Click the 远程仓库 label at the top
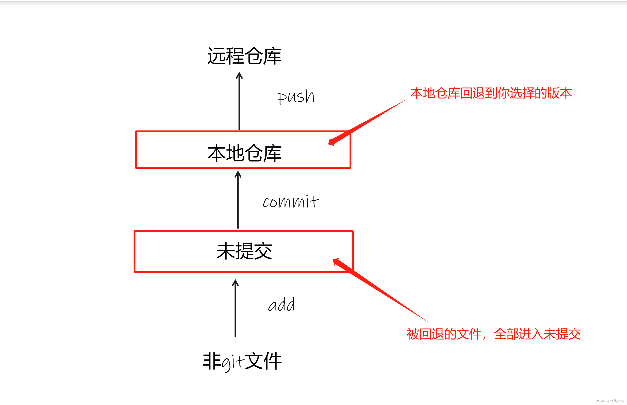point(244,56)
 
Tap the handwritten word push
point(296,96)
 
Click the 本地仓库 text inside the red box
point(244,153)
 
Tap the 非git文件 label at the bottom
point(242,361)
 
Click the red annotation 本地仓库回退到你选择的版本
point(491,93)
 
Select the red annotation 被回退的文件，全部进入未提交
point(494,334)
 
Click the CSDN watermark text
point(609,401)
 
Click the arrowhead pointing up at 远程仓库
point(239,75)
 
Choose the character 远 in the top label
point(216,56)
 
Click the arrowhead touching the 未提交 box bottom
point(235,283)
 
